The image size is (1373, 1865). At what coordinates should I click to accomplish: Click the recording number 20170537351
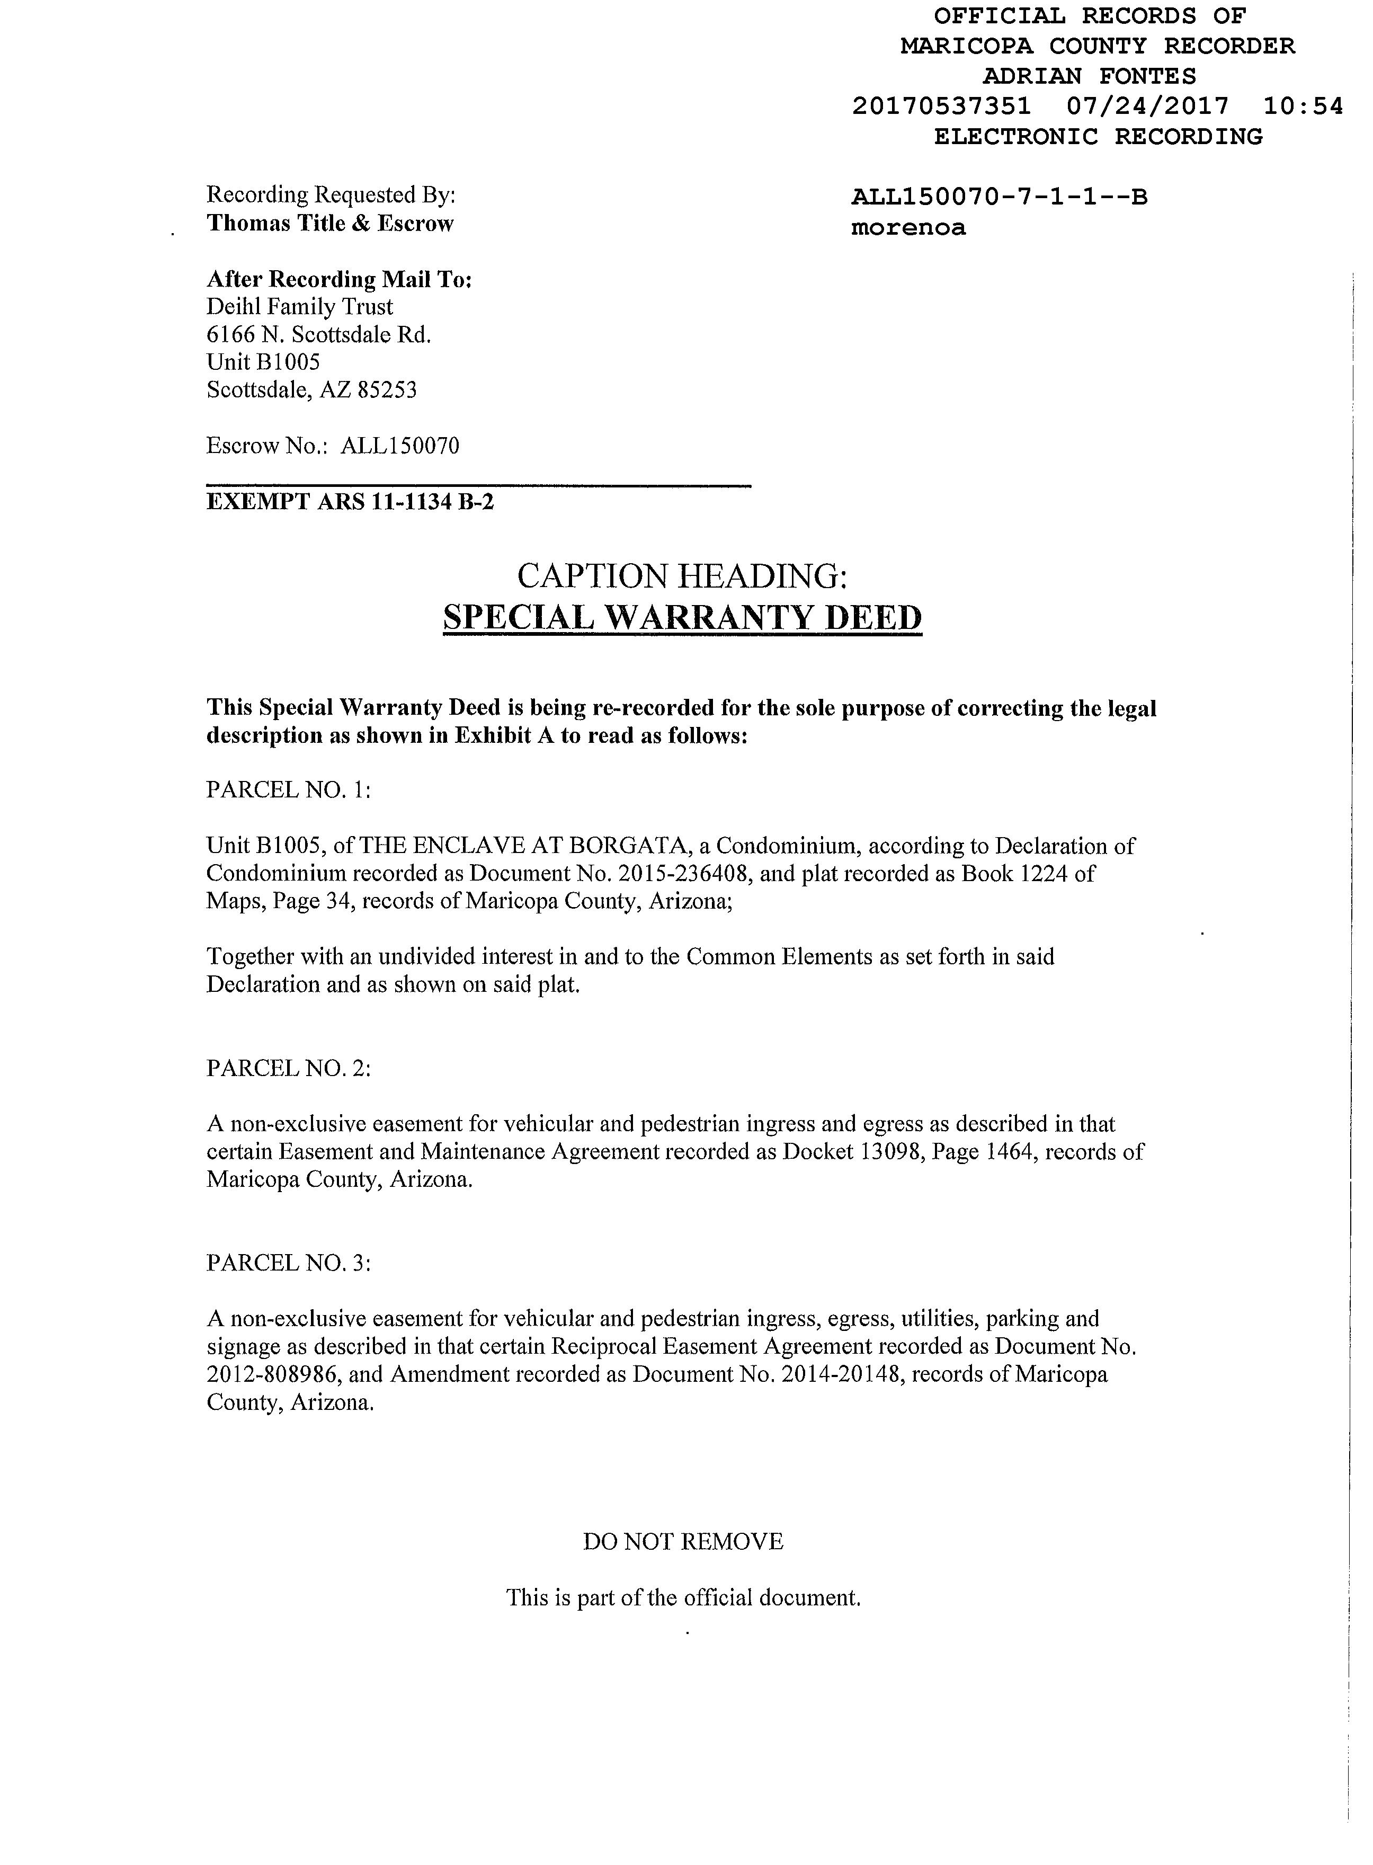(942, 106)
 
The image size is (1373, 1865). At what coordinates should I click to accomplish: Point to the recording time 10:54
(1303, 106)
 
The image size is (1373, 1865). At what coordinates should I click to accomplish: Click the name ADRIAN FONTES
(1090, 76)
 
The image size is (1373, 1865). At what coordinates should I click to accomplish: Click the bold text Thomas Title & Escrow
(330, 224)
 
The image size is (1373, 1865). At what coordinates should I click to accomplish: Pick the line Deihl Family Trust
(300, 307)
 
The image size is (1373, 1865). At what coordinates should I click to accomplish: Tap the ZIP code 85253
(387, 390)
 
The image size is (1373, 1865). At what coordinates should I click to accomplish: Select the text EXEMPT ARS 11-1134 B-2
(350, 502)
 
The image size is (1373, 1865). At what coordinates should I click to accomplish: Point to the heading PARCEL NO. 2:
(288, 1068)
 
